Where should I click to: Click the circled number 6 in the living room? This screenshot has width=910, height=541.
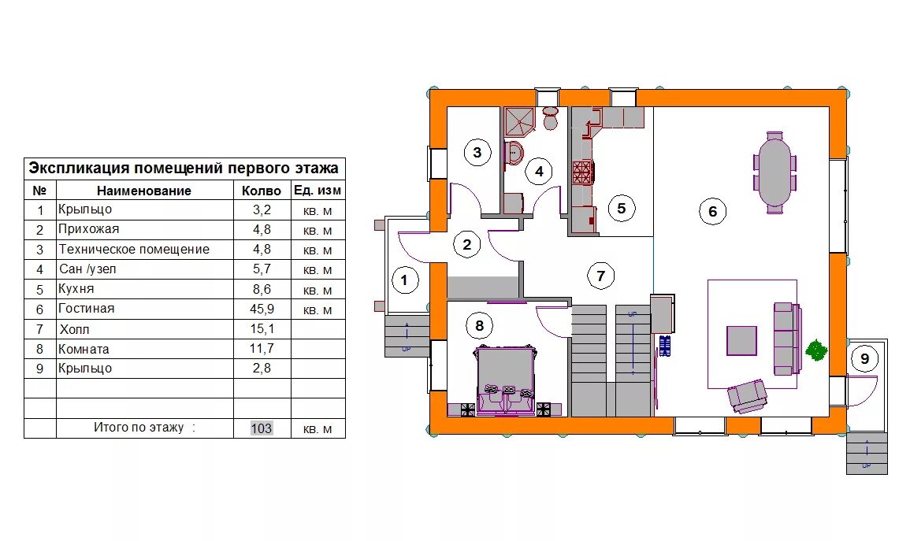(713, 211)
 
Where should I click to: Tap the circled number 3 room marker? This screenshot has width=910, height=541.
(477, 153)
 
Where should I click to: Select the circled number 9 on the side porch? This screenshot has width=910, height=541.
(865, 358)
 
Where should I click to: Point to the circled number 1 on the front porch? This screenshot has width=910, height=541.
(404, 280)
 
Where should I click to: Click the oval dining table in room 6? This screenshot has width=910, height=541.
(774, 172)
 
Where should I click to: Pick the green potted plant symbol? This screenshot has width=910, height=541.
(816, 350)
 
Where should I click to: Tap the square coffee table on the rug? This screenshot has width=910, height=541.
(741, 340)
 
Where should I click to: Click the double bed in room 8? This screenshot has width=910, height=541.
(505, 380)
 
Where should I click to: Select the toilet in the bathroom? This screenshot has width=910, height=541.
(550, 117)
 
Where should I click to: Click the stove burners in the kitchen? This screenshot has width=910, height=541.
(583, 172)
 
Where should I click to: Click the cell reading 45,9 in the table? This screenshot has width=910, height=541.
(262, 309)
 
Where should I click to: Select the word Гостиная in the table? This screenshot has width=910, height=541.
(87, 309)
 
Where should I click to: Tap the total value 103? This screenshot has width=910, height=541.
(262, 428)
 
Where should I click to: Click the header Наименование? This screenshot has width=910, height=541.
(144, 191)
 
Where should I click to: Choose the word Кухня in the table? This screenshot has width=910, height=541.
(76, 289)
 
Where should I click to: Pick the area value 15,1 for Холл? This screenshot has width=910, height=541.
(262, 329)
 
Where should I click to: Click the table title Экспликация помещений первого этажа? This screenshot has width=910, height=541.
(184, 169)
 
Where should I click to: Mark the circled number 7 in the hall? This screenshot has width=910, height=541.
(600, 276)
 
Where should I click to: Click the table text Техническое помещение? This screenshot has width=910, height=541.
(134, 250)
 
